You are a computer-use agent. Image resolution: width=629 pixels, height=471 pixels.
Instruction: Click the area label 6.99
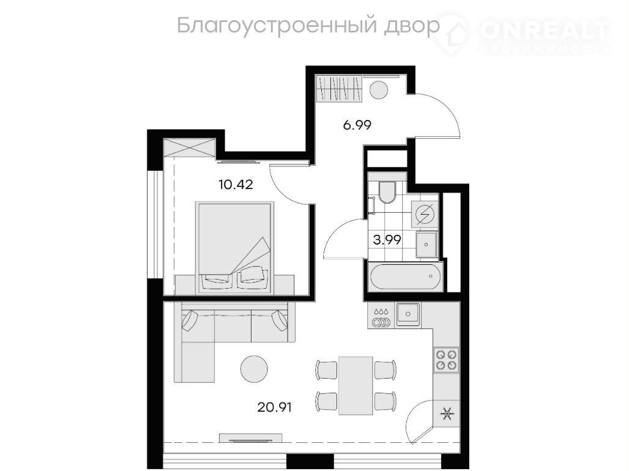[x=357, y=125]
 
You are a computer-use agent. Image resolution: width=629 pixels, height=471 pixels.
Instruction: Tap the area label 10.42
[x=236, y=185]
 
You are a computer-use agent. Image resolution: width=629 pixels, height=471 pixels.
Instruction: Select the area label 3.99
[x=387, y=240]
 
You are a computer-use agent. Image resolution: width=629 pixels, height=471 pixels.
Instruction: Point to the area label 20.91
[x=274, y=407]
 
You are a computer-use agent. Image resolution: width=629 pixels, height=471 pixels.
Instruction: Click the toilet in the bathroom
[x=387, y=193]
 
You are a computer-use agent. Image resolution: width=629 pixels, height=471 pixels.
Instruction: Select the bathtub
[x=406, y=276]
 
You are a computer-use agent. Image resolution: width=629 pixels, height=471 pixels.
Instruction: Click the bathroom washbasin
[x=426, y=244]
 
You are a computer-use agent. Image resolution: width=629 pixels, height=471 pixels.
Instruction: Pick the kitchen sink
[x=408, y=314]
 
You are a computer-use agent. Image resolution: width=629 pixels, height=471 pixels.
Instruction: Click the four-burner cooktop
[x=447, y=360]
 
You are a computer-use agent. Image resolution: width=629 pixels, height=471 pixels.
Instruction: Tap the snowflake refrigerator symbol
[x=446, y=414]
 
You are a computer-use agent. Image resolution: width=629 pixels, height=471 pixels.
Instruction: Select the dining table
[x=356, y=385]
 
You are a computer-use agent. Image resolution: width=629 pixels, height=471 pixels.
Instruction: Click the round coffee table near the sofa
[x=254, y=369]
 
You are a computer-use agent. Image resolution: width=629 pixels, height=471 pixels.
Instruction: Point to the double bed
[x=235, y=248]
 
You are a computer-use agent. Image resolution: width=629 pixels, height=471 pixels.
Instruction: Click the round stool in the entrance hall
[x=378, y=89]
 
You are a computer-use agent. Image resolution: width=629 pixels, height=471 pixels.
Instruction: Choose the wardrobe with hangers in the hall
[x=340, y=88]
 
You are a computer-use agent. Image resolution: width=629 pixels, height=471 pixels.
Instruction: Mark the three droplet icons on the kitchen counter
[x=381, y=311]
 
